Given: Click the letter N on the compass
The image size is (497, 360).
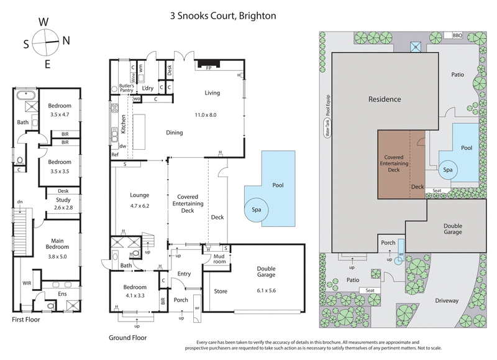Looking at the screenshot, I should point(66,40).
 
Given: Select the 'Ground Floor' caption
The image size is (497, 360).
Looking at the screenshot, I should point(127,338).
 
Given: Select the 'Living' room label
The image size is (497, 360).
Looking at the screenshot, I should point(212,93).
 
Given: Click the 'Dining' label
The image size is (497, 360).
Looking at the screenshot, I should point(174,132).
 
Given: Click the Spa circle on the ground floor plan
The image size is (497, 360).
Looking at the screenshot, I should point(256,210).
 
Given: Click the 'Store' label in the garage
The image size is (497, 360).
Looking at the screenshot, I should point(221,290).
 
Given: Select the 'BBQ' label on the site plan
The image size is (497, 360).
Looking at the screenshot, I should point(458,35).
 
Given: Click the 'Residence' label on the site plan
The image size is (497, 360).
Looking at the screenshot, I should point(385,99).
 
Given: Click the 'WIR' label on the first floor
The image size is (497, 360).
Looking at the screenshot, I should point(26,283).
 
